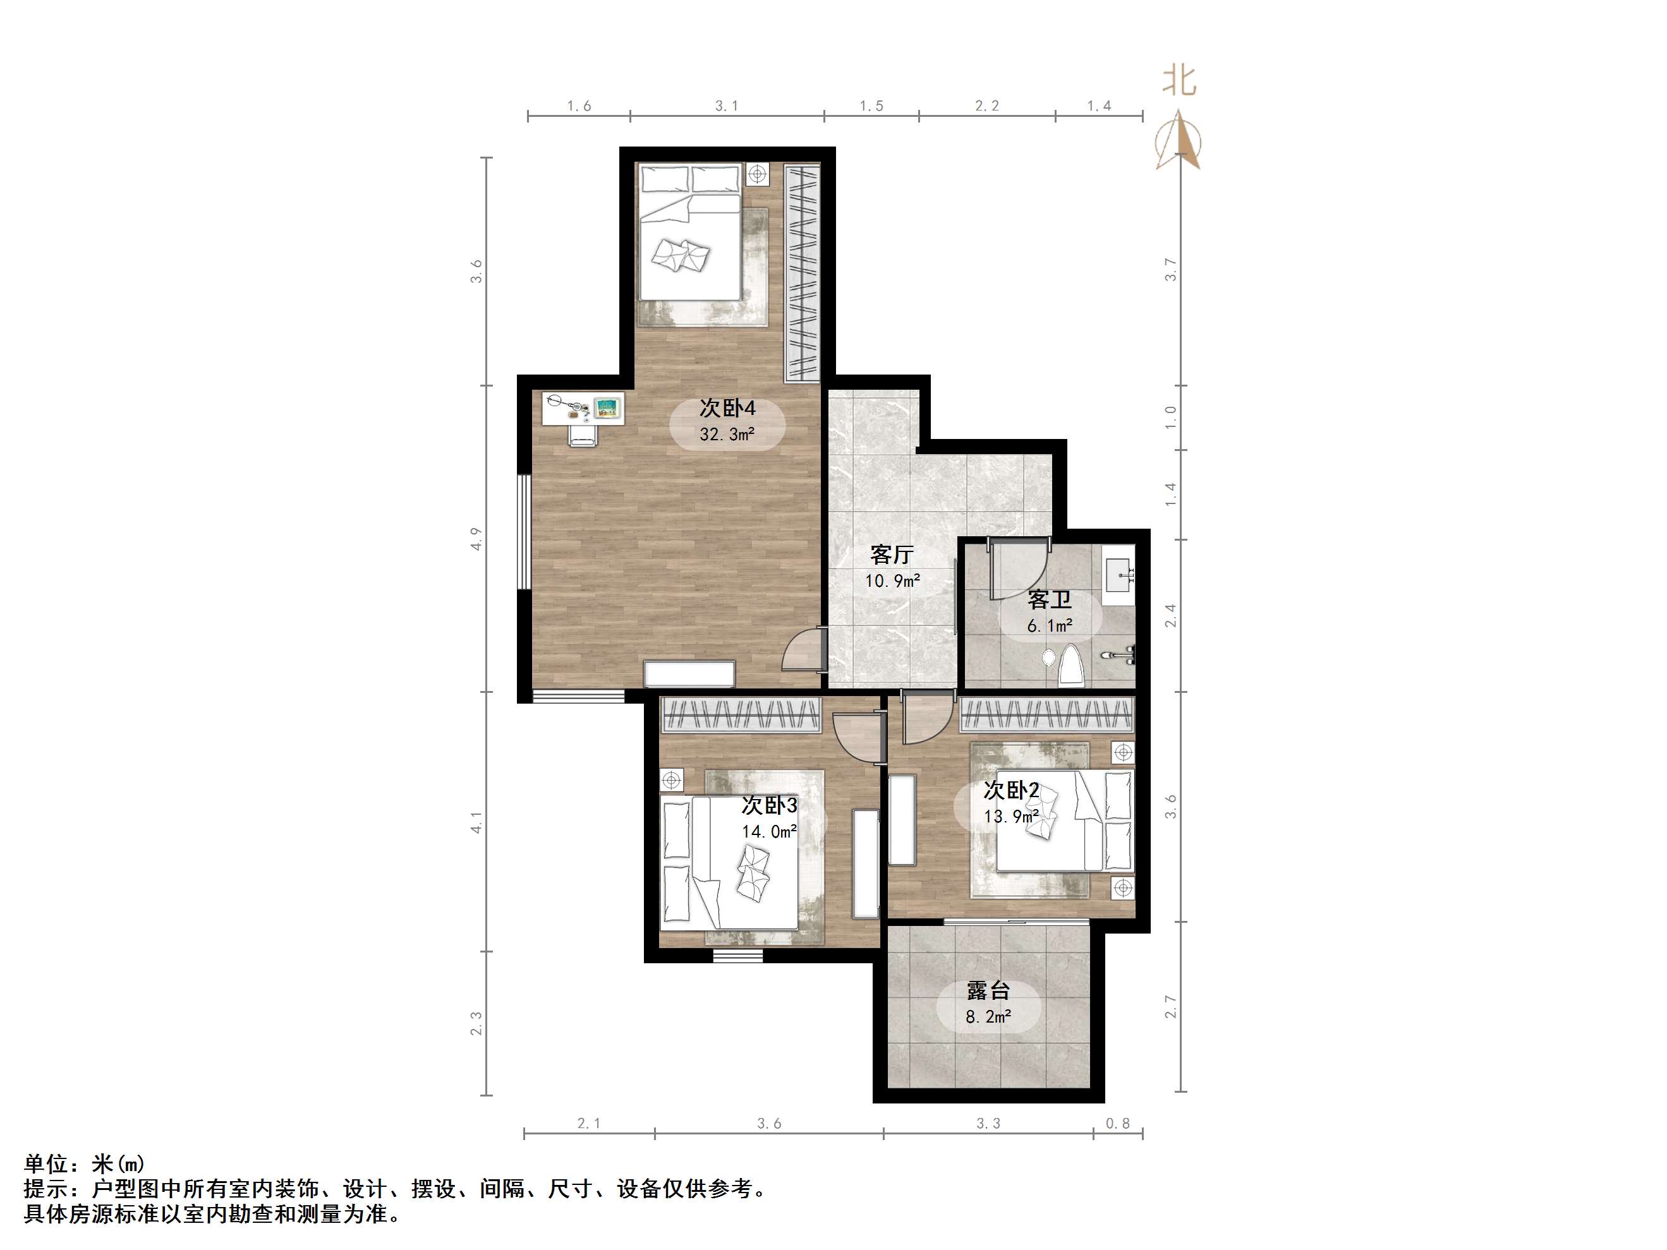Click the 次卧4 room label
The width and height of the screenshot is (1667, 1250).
727,409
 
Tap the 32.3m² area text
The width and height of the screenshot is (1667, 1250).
727,435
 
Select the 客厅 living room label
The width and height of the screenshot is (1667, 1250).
892,555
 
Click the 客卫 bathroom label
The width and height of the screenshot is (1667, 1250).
1050,601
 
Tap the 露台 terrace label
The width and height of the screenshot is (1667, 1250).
988,991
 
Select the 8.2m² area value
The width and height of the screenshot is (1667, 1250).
988,1017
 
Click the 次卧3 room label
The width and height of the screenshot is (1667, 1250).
770,805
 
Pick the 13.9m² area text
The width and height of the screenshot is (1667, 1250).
1011,816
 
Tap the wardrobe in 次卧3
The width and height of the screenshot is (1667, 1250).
741,714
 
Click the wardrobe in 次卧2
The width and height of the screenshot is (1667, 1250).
1047,714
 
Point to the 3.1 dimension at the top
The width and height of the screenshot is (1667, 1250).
727,106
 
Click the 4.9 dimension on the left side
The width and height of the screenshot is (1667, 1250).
476,539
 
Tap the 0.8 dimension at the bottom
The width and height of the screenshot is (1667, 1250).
1118,1124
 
